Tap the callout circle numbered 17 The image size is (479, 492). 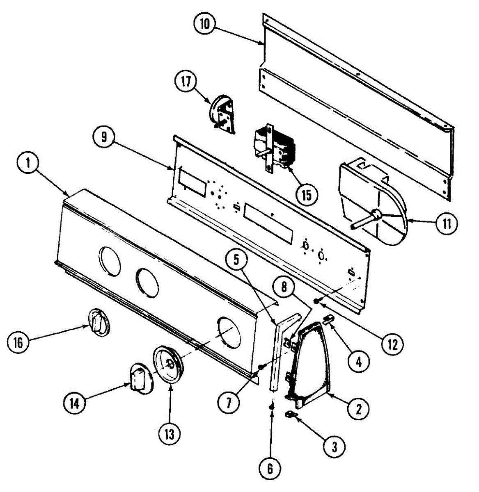tap(186, 81)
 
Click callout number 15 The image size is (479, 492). tap(307, 195)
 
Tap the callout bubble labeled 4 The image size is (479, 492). tap(358, 361)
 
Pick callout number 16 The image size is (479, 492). tap(18, 342)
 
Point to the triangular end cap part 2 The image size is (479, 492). tap(312, 361)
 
